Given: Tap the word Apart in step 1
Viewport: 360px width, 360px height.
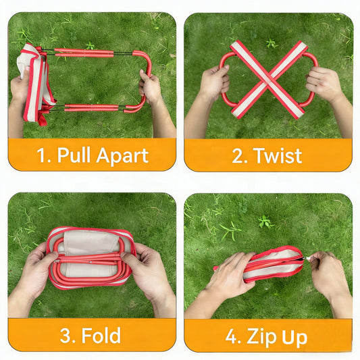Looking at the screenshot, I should pyautogui.click(x=122, y=155).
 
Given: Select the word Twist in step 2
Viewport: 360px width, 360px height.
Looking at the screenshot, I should pyautogui.click(x=277, y=155).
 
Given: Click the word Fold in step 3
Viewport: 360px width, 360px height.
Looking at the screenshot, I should pyautogui.click(x=103, y=335).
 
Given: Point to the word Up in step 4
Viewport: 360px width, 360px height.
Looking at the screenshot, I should pyautogui.click(x=295, y=335).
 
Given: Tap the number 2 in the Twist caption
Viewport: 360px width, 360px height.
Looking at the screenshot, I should pyautogui.click(x=238, y=155).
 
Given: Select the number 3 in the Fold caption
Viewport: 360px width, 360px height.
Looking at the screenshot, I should pyautogui.click(x=68, y=335).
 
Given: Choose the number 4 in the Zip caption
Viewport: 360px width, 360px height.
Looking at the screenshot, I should pyautogui.click(x=231, y=335).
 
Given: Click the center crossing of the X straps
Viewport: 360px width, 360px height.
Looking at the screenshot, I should pyautogui.click(x=268, y=80).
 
